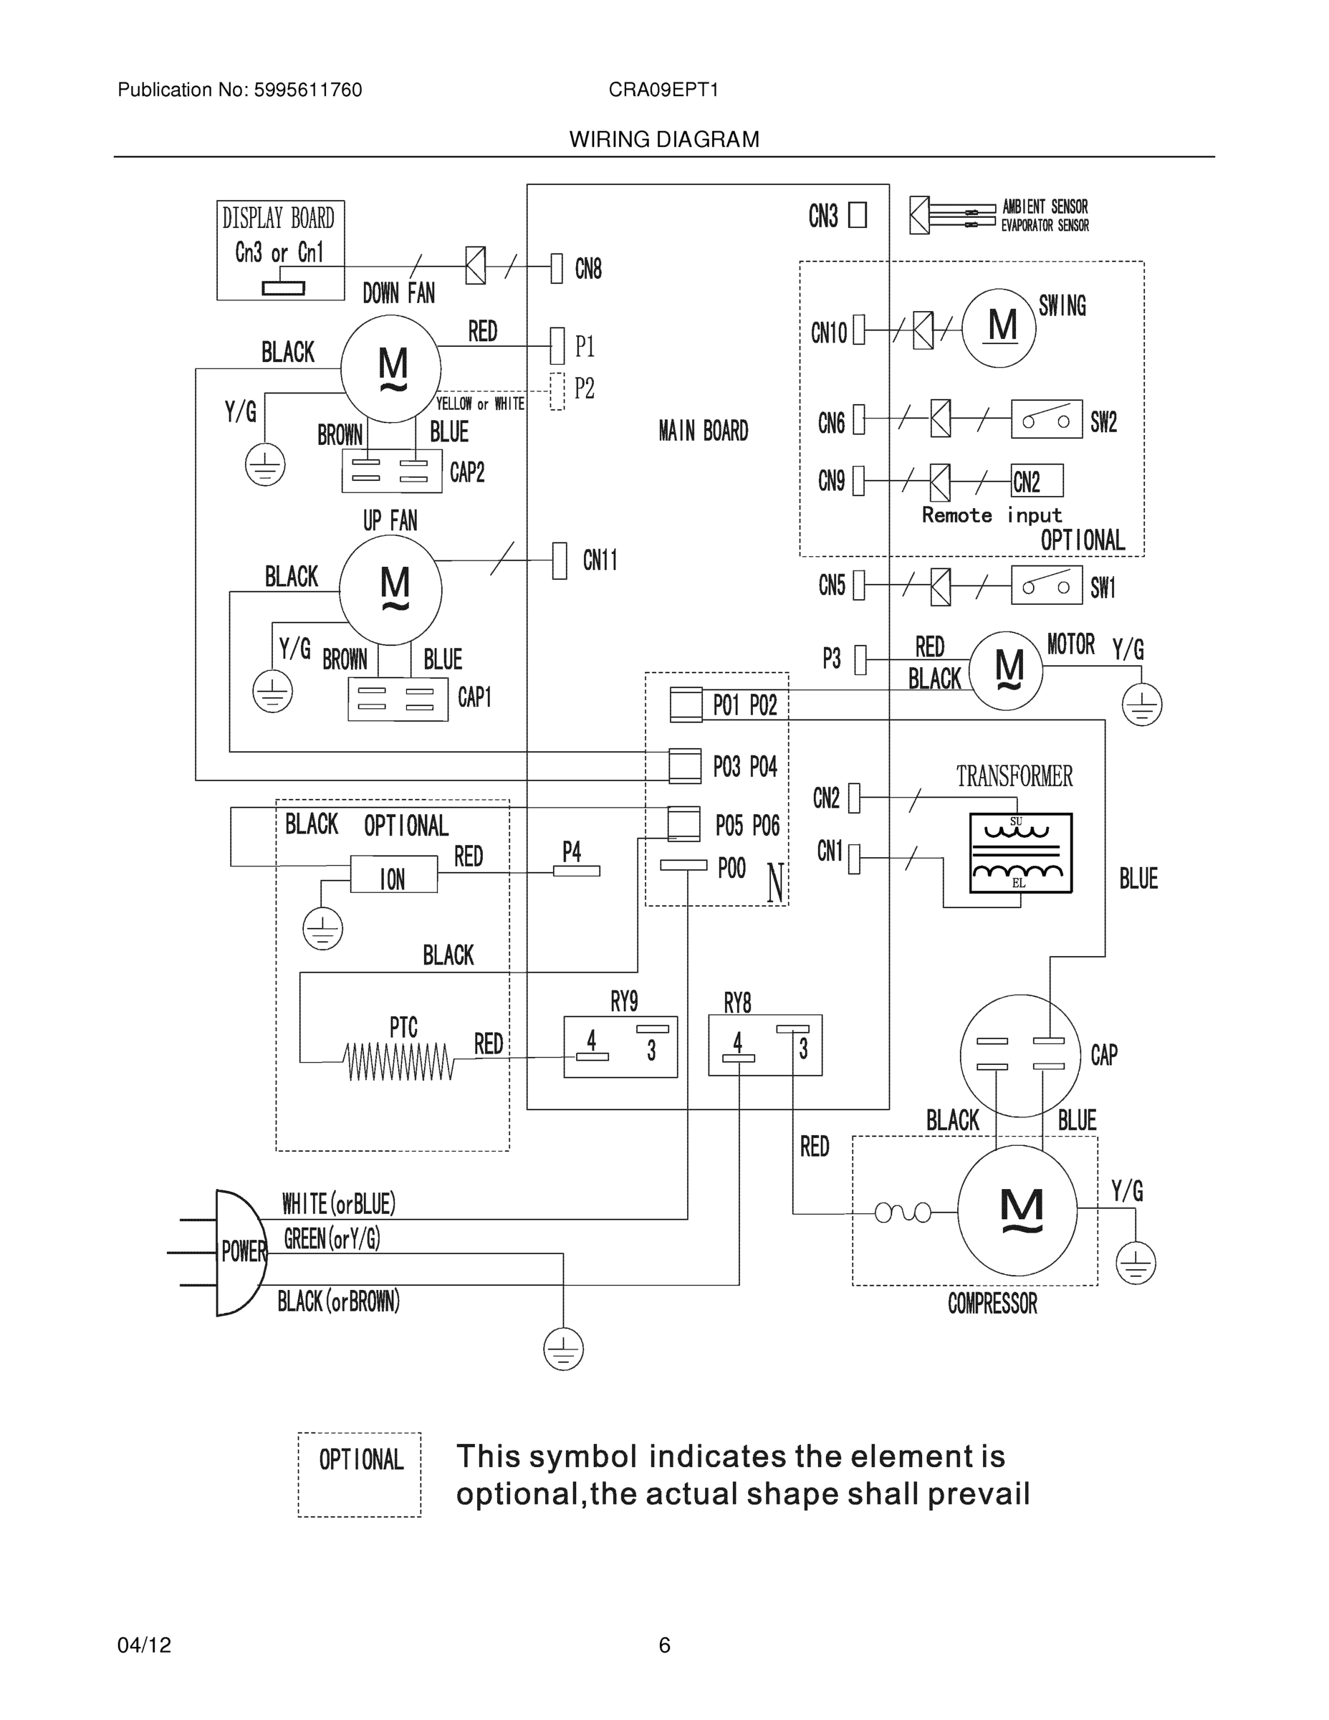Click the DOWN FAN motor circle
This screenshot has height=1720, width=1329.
[x=390, y=368]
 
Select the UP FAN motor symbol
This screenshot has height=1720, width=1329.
[x=390, y=589]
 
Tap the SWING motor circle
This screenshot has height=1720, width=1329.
[x=998, y=327]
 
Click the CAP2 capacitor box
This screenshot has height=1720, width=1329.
[x=391, y=471]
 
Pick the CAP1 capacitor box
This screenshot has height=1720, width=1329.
[x=398, y=698]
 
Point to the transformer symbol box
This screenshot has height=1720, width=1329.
[x=1020, y=853]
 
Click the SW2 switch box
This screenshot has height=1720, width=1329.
[x=1046, y=419]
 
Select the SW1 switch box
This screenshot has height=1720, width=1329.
[x=1046, y=585]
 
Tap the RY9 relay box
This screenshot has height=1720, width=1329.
[x=620, y=1046]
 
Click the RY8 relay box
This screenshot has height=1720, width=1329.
[x=765, y=1045]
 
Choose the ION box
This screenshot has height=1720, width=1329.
[x=393, y=876]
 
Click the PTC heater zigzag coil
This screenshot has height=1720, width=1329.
[x=399, y=1061]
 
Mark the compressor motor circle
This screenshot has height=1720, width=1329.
[x=1017, y=1210]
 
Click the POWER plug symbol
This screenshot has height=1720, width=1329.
[x=238, y=1252]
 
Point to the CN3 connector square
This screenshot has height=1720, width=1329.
[x=858, y=215]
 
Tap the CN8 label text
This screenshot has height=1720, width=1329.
[x=588, y=269]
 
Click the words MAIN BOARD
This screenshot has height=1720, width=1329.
[x=703, y=431]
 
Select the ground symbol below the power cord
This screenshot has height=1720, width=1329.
[x=563, y=1349]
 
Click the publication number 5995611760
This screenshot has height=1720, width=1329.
[x=308, y=90]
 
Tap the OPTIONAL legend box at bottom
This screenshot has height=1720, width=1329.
[x=360, y=1474]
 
